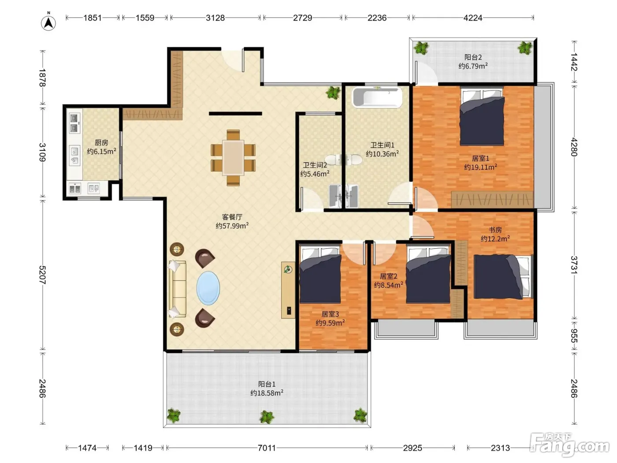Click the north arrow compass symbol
48,22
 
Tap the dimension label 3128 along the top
216,18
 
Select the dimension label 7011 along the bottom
267,448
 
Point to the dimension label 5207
42,275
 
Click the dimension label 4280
574,147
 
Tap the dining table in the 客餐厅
233,158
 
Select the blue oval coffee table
208,288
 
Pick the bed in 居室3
320,274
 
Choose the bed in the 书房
504,276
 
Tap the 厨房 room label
101,142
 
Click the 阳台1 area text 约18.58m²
267,393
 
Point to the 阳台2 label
473,57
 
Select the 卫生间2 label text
315,165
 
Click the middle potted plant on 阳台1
267,417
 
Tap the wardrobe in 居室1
492,199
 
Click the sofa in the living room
177,289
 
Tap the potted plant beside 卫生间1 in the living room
333,93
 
